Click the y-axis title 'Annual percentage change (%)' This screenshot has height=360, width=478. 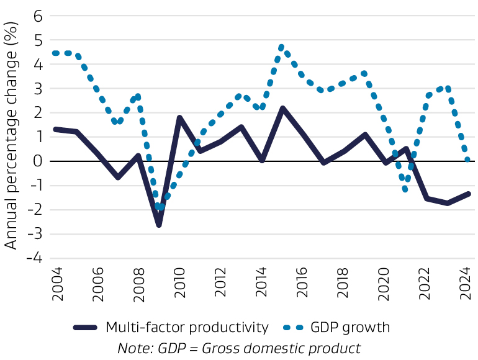click(11, 140)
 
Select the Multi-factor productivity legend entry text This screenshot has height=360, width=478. click(187, 327)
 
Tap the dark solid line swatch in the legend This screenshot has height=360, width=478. click(86, 327)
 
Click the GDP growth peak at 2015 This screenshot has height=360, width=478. click(282, 47)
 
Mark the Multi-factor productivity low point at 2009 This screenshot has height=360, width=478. click(159, 224)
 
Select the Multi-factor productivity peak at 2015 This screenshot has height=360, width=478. click(282, 108)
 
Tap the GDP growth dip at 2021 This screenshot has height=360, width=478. click(405, 189)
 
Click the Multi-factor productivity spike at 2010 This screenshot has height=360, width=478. click(179, 117)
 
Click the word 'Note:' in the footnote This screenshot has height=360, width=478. click(134, 348)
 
